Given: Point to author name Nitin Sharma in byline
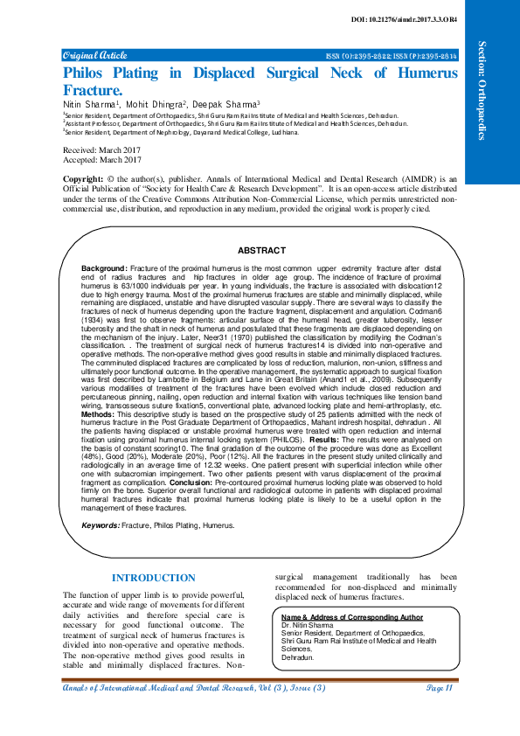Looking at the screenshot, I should [x=90, y=104].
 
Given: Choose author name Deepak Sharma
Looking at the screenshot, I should [x=225, y=104].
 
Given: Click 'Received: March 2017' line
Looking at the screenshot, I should [x=102, y=151].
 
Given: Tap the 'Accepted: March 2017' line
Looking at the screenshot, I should [x=102, y=160].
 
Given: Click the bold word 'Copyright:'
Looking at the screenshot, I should [x=85, y=178].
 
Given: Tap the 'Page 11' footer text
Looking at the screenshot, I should [x=438, y=689].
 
